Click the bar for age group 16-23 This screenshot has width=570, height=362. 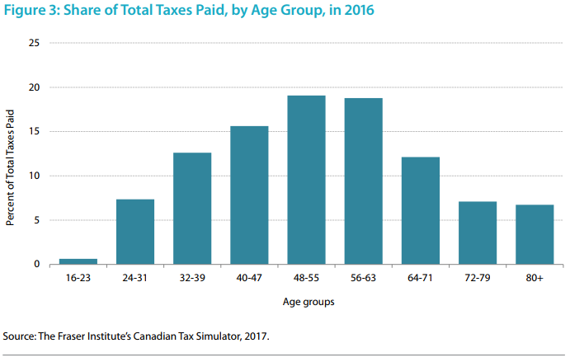(x=78, y=261)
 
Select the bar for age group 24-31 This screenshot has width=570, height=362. (x=134, y=232)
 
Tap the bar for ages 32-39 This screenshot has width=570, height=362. (x=191, y=209)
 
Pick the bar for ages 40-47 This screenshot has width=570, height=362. (x=248, y=195)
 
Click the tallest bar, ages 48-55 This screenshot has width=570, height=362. (x=306, y=180)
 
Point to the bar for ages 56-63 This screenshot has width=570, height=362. (x=363, y=181)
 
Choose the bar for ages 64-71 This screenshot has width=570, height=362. (x=420, y=211)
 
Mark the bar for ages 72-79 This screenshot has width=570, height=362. (x=477, y=233)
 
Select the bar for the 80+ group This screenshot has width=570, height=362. (x=534, y=234)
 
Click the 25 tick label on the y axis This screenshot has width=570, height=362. (x=34, y=43)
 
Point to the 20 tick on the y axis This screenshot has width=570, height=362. (x=34, y=87)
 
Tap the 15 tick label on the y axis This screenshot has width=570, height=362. (x=34, y=131)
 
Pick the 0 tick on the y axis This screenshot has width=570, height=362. (x=37, y=265)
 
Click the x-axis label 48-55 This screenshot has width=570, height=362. (x=306, y=280)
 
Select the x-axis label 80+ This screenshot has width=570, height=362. (x=534, y=280)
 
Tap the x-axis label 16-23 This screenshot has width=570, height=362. (x=78, y=280)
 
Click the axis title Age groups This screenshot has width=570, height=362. (x=306, y=303)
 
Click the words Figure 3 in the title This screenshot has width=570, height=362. (x=30, y=12)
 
